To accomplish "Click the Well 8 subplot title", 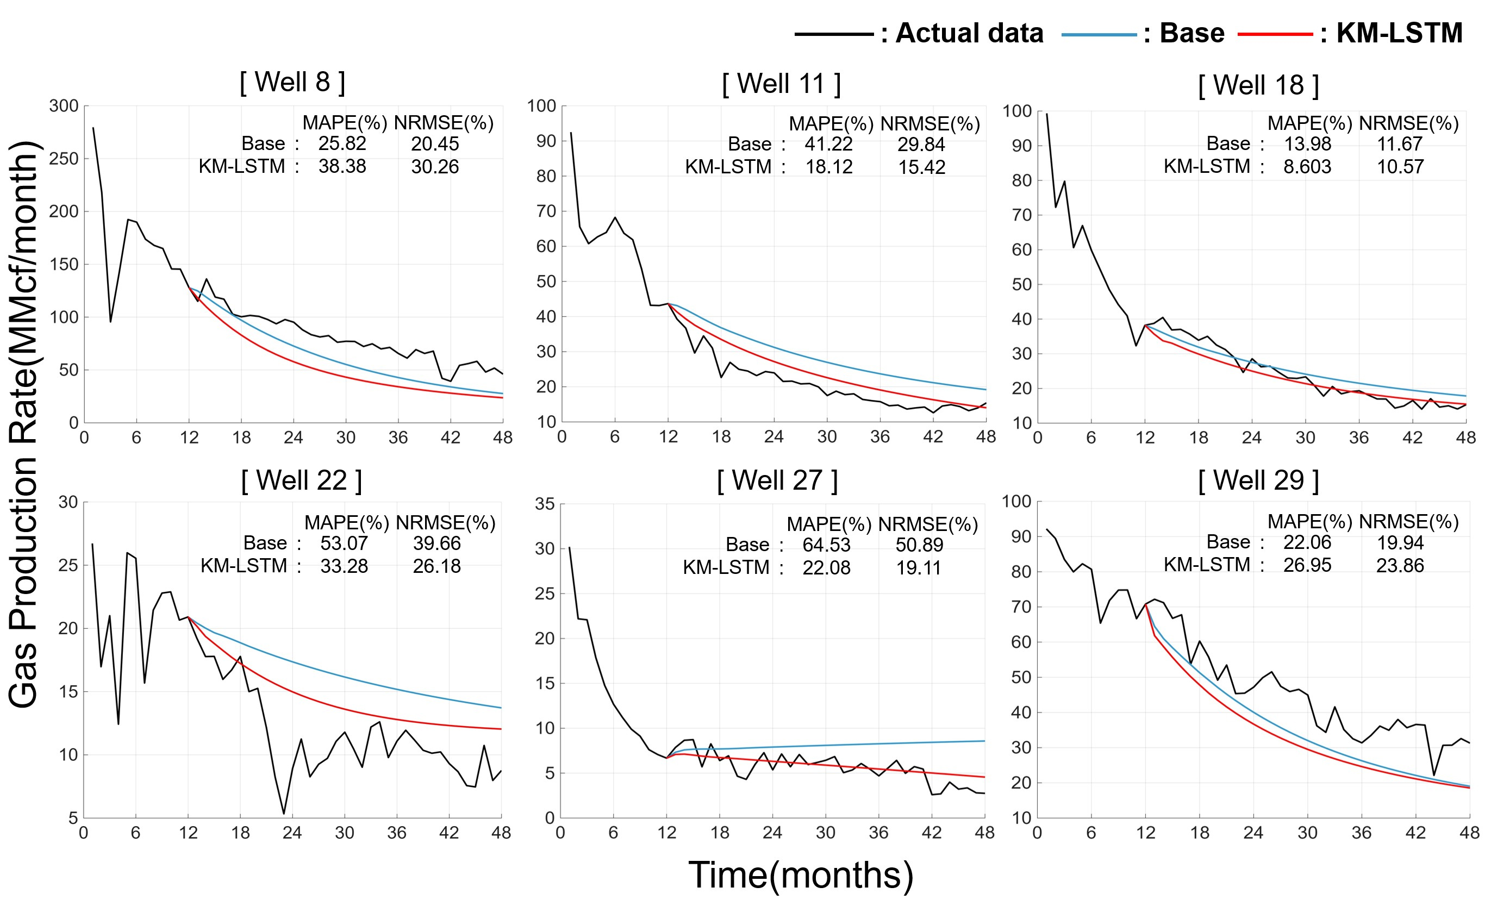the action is point(292,82).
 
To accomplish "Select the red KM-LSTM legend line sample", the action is point(1275,34).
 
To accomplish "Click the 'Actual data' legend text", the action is point(969,33).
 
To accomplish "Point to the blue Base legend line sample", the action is point(1099,34).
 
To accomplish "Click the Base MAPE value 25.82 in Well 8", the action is point(342,144).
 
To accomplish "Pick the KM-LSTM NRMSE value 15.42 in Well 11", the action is point(921,167).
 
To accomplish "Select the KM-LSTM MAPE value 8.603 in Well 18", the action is point(1307,166).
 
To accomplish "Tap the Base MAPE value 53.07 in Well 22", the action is point(344,543).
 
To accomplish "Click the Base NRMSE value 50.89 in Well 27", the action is point(919,545).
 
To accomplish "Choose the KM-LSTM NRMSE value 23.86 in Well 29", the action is point(1400,566).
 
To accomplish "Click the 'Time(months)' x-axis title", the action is point(801,875).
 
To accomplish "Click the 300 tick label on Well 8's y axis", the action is point(64,106).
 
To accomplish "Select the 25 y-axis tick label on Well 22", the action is point(68,565).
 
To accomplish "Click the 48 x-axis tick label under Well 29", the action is point(1469,833).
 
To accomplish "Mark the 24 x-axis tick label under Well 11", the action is point(773,437).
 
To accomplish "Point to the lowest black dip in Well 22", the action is point(284,814).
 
